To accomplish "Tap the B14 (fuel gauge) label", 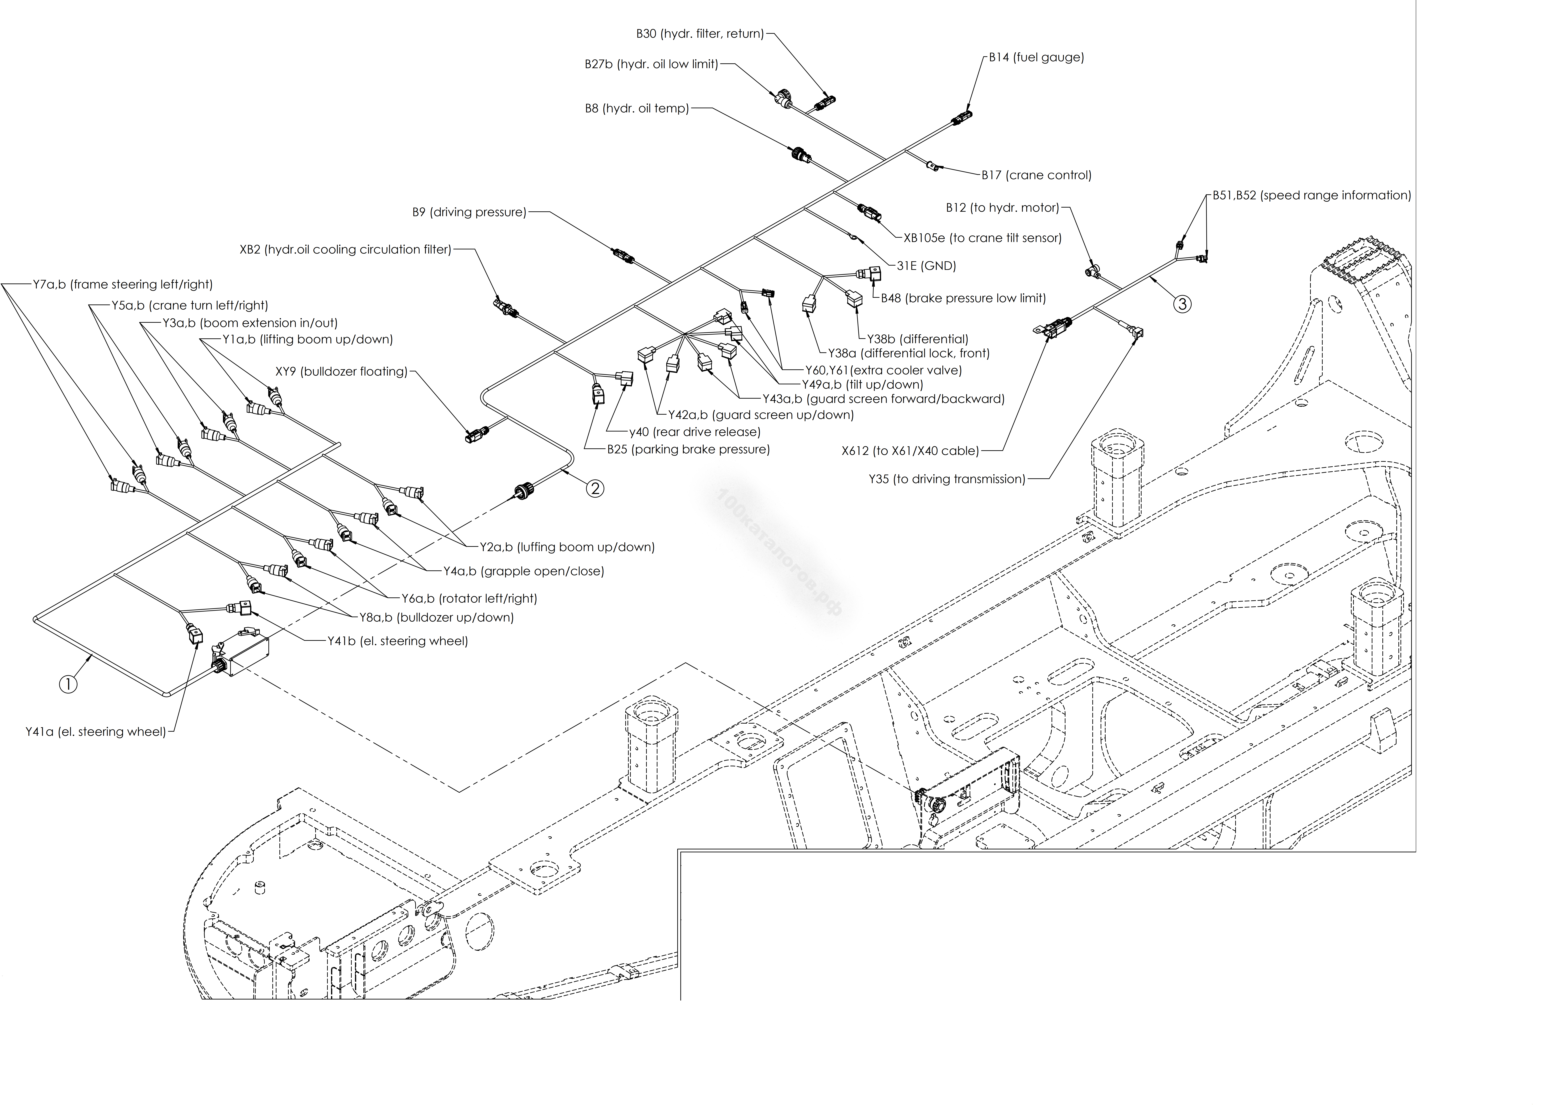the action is tap(1037, 57).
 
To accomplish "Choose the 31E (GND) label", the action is tap(926, 266).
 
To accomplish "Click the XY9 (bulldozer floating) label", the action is tap(342, 371).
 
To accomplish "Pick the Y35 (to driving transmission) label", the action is tap(947, 479).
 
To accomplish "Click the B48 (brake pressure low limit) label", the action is tap(963, 298).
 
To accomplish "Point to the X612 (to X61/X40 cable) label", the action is tap(910, 451).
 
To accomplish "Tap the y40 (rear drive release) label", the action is tap(695, 432).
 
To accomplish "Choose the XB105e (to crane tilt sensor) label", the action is tap(983, 238).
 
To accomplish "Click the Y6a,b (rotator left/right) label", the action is tap(469, 599).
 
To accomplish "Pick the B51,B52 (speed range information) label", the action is tap(1312, 195).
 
